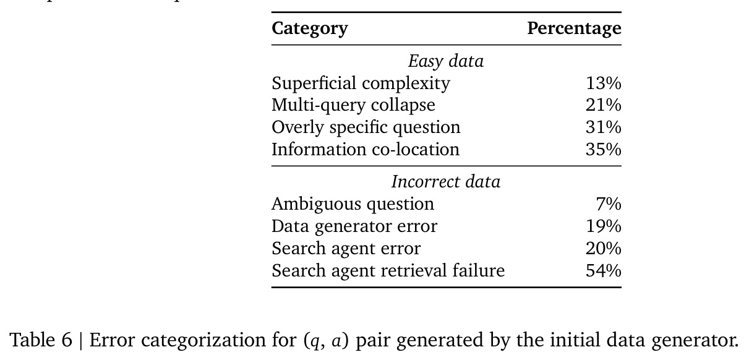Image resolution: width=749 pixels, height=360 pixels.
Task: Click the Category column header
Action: pos(310,28)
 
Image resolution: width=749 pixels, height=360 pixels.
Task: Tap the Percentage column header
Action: pos(574,28)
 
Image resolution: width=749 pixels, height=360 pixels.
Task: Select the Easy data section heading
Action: pos(446,61)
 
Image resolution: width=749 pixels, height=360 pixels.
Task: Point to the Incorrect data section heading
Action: pos(446,182)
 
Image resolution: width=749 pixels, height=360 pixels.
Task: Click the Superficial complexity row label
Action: pos(361,84)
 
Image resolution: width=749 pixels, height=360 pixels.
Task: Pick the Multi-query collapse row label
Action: pos(353,105)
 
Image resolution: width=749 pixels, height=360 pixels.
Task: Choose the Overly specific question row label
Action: pos(366,127)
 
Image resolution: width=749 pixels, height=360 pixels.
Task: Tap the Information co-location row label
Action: pos(366,149)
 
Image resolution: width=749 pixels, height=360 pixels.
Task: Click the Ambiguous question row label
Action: pos(353,204)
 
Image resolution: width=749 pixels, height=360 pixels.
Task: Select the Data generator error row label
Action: pos(354,226)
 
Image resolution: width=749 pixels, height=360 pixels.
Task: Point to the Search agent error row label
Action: pos(346,249)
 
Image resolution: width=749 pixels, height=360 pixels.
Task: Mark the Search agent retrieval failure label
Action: pos(388,270)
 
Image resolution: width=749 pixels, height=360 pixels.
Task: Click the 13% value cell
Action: pos(604,84)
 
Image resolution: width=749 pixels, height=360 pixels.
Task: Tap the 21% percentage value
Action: pos(604,105)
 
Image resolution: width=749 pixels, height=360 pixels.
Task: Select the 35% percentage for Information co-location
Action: pos(604,150)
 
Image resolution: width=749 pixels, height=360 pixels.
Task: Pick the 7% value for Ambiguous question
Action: pos(609,204)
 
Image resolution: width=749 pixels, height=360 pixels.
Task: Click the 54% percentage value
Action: pos(604,271)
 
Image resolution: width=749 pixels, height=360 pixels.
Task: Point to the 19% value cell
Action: pos(604,226)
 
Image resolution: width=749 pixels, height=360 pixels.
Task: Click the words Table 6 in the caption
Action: pos(41,340)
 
